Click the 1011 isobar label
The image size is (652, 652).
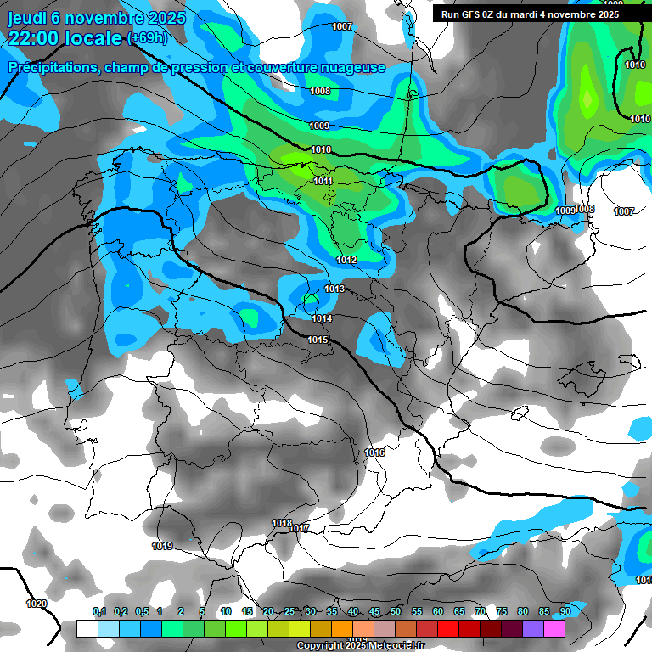[x=323, y=181]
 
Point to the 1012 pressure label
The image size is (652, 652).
[x=346, y=260]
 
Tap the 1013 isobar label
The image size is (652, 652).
[x=334, y=289]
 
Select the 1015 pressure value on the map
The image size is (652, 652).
[x=318, y=340]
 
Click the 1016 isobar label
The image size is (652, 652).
[x=374, y=452]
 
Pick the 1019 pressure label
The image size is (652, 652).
[x=162, y=546]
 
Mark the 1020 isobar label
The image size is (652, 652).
[x=37, y=604]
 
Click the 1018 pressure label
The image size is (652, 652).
[x=282, y=523]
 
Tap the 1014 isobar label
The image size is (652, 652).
[x=321, y=318]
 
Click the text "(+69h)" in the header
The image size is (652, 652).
[x=147, y=38]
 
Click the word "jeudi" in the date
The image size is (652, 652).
[x=27, y=18]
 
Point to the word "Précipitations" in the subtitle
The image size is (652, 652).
[x=51, y=67]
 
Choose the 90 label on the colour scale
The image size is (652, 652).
[x=565, y=611]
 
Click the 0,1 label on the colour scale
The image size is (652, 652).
[x=99, y=611]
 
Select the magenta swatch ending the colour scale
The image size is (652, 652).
[x=554, y=628]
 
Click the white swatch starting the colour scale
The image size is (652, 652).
[x=87, y=628]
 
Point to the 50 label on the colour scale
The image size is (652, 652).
[x=396, y=611]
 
